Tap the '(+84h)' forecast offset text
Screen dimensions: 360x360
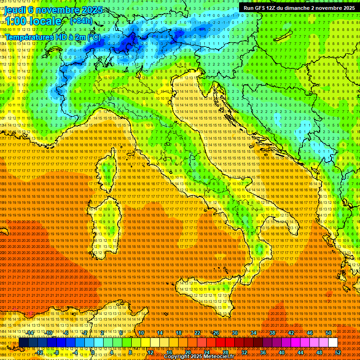point(81,21)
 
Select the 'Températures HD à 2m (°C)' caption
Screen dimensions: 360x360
point(53,37)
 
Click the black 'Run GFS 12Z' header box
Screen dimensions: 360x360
point(299,7)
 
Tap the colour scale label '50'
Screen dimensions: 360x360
point(328,333)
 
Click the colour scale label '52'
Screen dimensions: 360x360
point(337,352)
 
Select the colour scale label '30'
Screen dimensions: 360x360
point(234,333)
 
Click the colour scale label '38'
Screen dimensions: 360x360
point(272,333)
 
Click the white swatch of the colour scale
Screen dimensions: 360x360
point(333,343)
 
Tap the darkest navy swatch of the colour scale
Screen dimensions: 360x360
point(23,343)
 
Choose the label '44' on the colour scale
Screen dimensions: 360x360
point(300,352)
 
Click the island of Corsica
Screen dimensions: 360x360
point(107,172)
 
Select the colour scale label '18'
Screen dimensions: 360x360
point(178,333)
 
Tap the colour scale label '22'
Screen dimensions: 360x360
point(197,333)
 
